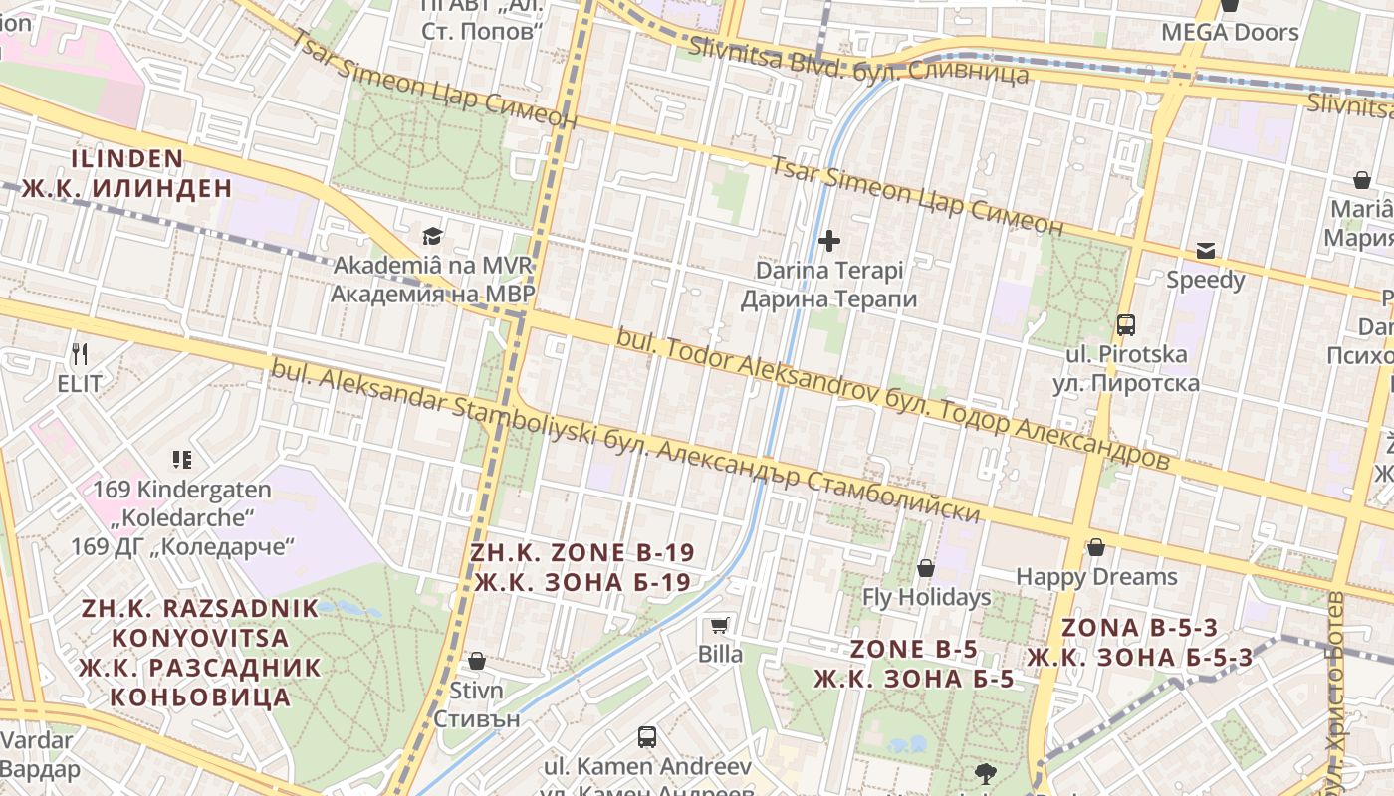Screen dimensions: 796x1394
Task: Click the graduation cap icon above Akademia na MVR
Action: (x=432, y=236)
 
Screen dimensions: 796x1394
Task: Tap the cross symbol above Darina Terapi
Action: (x=828, y=240)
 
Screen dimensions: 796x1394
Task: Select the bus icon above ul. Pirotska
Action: (x=1126, y=324)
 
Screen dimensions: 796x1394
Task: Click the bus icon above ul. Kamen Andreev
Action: (x=647, y=737)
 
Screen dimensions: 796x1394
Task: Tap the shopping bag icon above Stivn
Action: (x=477, y=661)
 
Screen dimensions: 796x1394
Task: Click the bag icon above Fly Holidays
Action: (x=926, y=568)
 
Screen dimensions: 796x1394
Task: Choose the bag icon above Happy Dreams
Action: (x=1096, y=547)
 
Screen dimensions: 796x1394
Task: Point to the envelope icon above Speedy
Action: (x=1206, y=250)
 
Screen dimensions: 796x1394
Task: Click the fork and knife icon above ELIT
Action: (x=80, y=353)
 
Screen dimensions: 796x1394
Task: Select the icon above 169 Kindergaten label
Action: (x=181, y=459)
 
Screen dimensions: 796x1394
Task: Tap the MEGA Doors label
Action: (x=1230, y=32)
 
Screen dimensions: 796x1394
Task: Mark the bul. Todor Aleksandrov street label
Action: (x=892, y=398)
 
